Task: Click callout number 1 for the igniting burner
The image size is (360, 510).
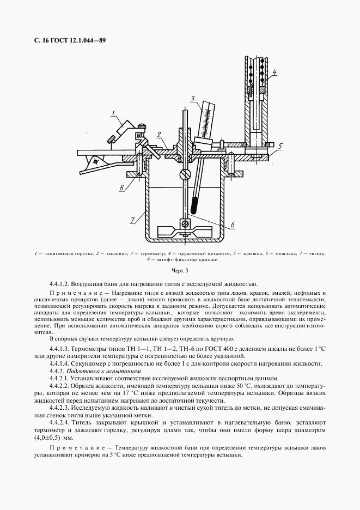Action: coord(113,113)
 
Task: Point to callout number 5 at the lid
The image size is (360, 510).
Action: coord(280,146)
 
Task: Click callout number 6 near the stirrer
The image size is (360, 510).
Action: coord(232,223)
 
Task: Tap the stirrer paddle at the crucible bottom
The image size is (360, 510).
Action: coord(185,232)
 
